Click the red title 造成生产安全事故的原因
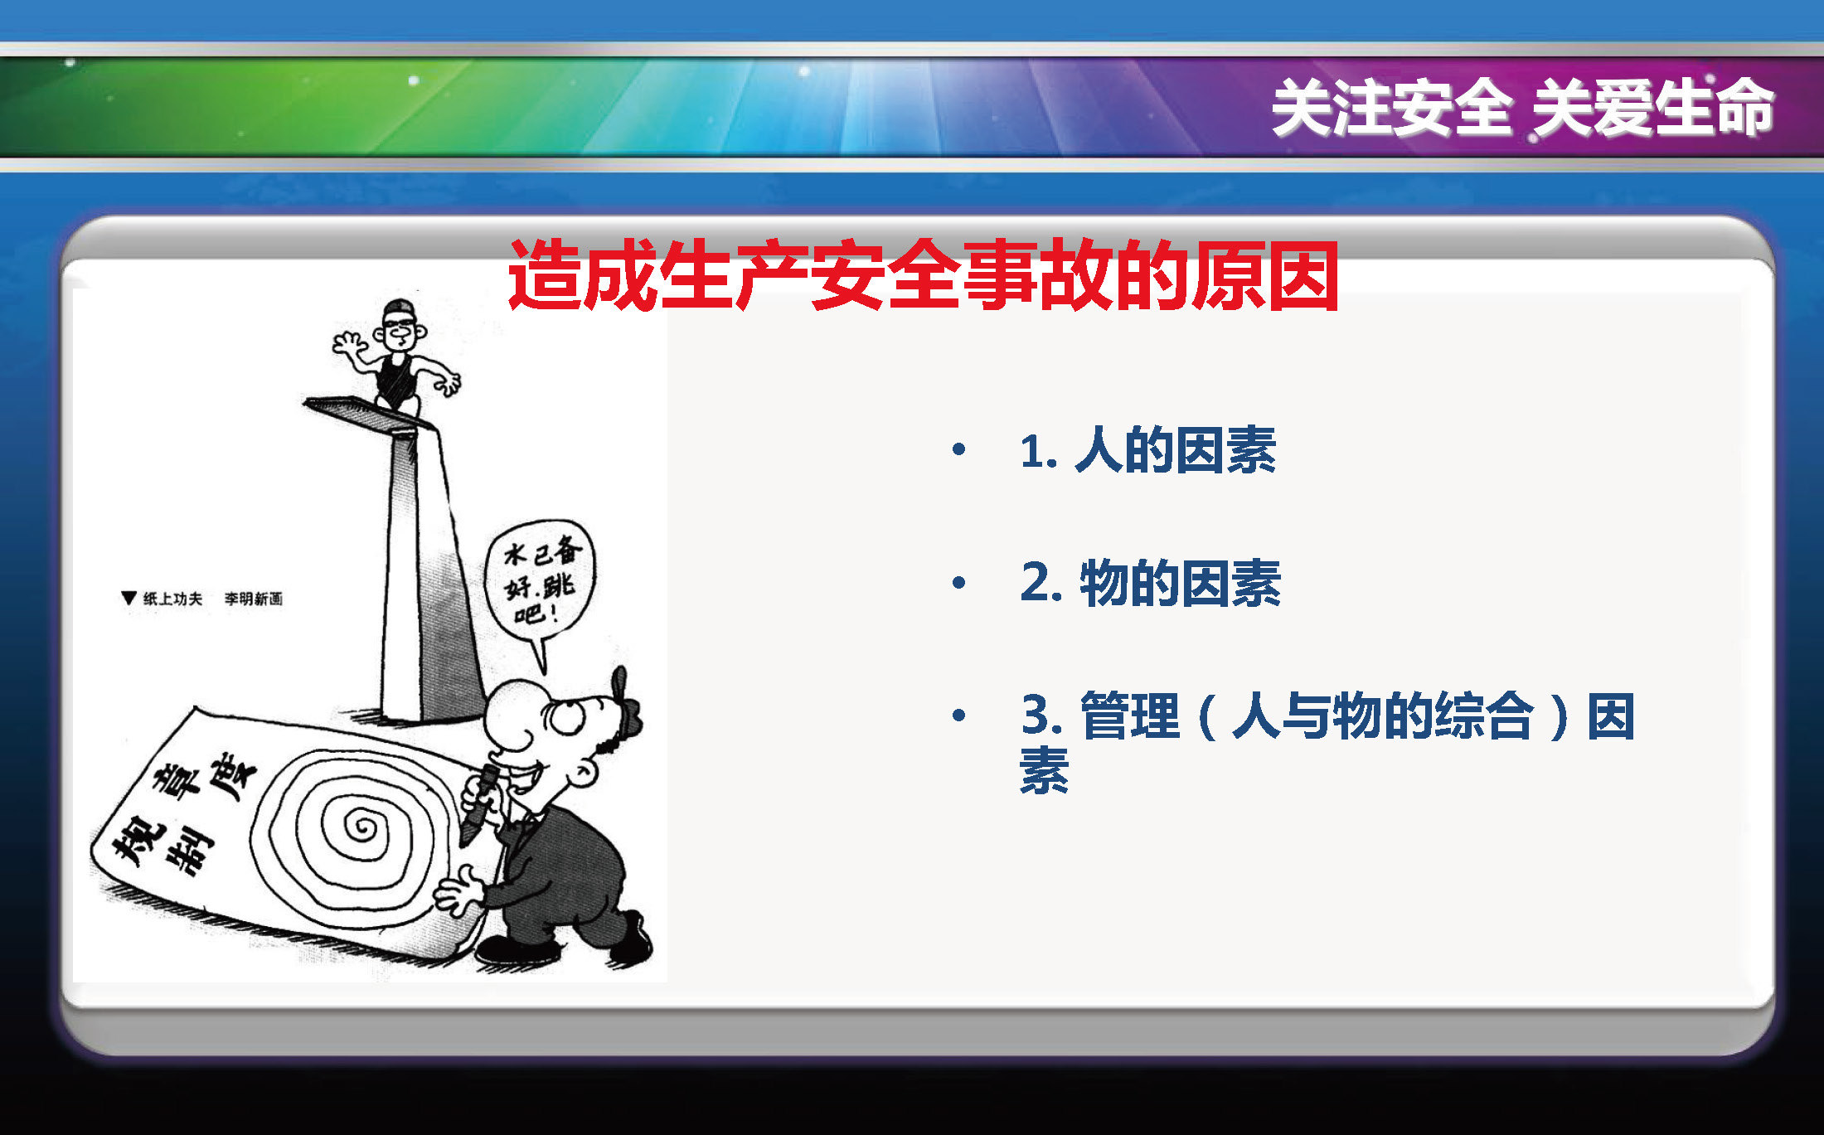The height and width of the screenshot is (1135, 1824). [x=923, y=276]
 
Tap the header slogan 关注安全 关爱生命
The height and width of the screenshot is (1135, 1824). [x=1522, y=108]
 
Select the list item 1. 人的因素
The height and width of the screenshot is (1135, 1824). [x=1148, y=450]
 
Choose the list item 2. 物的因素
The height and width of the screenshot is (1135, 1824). [x=1151, y=583]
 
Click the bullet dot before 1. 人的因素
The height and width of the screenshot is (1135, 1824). [x=959, y=449]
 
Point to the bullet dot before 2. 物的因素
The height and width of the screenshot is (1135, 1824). [x=959, y=582]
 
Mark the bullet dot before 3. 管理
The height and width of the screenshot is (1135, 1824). [x=959, y=715]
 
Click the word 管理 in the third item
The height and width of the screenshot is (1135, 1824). [x=1130, y=715]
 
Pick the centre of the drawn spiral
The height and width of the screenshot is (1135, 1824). [x=361, y=826]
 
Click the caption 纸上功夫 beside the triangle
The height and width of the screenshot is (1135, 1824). [x=172, y=599]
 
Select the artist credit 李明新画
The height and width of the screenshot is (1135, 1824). [x=253, y=599]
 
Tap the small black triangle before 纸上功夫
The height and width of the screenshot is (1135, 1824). [x=129, y=598]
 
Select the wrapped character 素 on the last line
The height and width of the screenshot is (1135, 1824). [x=1044, y=771]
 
